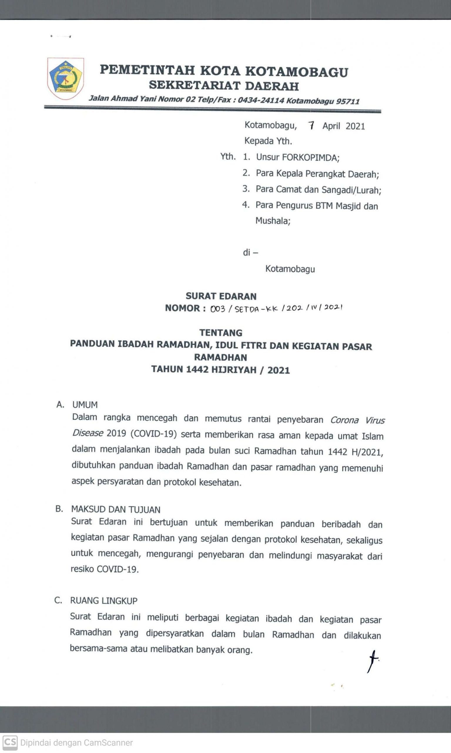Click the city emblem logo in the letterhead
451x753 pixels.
pyautogui.click(x=65, y=79)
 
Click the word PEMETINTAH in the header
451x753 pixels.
pyautogui.click(x=147, y=70)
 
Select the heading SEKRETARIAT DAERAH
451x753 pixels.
pyautogui.click(x=224, y=86)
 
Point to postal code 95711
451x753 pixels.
pyautogui.click(x=348, y=101)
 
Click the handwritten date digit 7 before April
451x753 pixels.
pyautogui.click(x=311, y=125)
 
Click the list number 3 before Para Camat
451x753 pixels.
pyautogui.click(x=246, y=189)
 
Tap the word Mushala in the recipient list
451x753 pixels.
pyautogui.click(x=272, y=221)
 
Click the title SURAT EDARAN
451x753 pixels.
pyautogui.click(x=221, y=296)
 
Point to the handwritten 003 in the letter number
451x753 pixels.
pyautogui.click(x=218, y=309)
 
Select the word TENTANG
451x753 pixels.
pyautogui.click(x=221, y=333)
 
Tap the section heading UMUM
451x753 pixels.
pyautogui.click(x=85, y=405)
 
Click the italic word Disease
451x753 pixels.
pyautogui.click(x=88, y=433)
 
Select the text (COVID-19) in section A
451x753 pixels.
pyautogui.click(x=153, y=434)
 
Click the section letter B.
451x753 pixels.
pyautogui.click(x=59, y=509)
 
